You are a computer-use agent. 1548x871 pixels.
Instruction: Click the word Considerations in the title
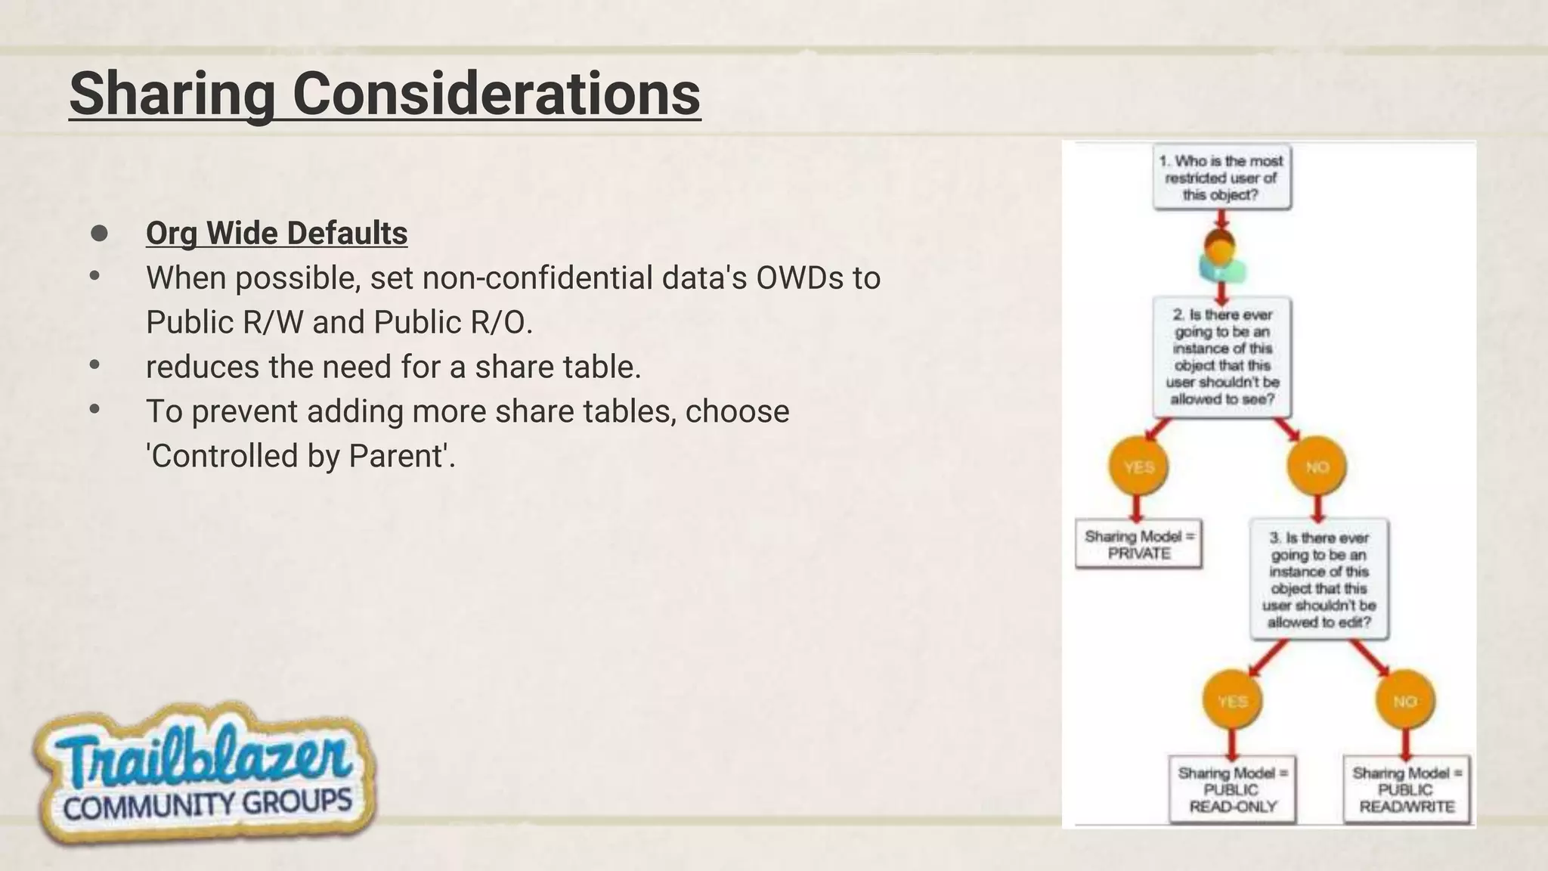point(496,94)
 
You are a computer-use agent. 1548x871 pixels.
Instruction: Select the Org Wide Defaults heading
point(276,233)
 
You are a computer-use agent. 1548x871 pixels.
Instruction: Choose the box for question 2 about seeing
point(1222,357)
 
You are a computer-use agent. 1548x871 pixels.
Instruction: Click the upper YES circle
point(1138,467)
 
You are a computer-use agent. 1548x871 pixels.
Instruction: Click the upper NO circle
point(1317,467)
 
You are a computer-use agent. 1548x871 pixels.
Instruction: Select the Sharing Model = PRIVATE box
point(1138,544)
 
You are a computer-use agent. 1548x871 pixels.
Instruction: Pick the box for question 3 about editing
point(1318,580)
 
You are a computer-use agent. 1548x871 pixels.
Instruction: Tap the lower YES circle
point(1232,702)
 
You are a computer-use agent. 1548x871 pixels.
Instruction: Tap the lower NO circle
point(1405,702)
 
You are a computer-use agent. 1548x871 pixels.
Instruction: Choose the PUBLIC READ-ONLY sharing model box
point(1232,789)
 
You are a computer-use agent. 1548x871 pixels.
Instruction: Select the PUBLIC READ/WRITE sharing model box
point(1406,789)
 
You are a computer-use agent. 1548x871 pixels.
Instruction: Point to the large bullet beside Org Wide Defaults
point(99,233)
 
